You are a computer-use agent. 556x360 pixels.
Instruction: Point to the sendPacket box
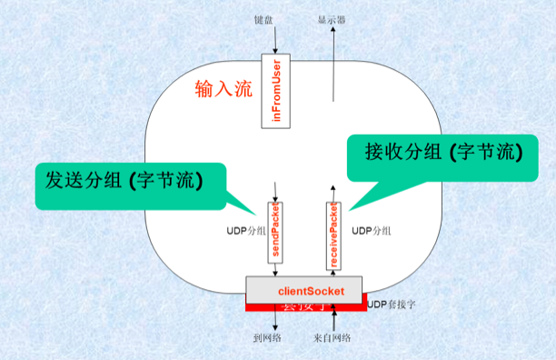tap(276, 233)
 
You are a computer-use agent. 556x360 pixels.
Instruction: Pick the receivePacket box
tap(334, 234)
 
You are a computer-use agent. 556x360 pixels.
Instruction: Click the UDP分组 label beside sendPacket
tap(246, 232)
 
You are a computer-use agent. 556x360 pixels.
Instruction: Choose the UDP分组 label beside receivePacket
tap(372, 232)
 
